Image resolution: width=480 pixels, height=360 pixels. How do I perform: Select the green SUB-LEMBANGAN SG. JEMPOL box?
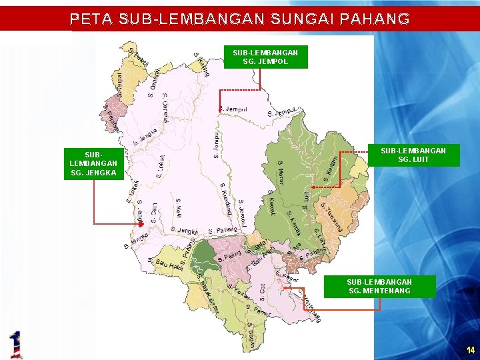point(265,57)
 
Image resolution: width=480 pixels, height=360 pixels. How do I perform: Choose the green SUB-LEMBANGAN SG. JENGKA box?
point(93,163)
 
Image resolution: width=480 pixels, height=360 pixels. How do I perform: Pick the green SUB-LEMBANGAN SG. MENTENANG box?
point(379,287)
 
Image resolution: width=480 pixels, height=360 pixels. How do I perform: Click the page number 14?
point(470,350)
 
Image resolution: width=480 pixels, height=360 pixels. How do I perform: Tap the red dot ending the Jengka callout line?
point(141,225)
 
